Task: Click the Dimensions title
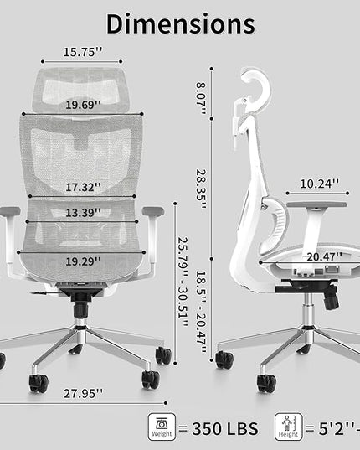(x=181, y=24)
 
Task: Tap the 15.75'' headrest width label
(x=83, y=52)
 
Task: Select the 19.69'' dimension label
(x=84, y=105)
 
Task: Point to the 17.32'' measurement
(x=84, y=187)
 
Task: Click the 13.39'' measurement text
(x=84, y=213)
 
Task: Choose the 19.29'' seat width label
(x=84, y=261)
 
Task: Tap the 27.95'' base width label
(x=83, y=394)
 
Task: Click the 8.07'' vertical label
(x=201, y=98)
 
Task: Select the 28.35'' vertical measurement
(x=201, y=189)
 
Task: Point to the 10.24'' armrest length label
(x=319, y=184)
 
